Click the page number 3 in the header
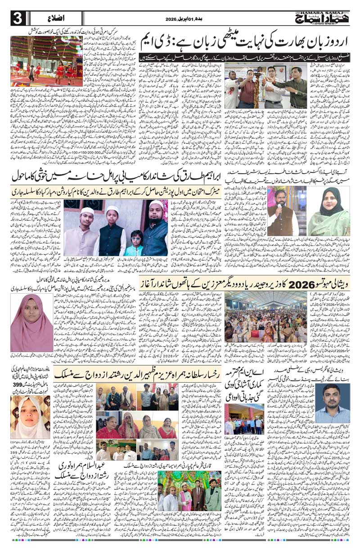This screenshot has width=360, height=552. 17,18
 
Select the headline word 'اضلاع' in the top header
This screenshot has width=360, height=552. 54,19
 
